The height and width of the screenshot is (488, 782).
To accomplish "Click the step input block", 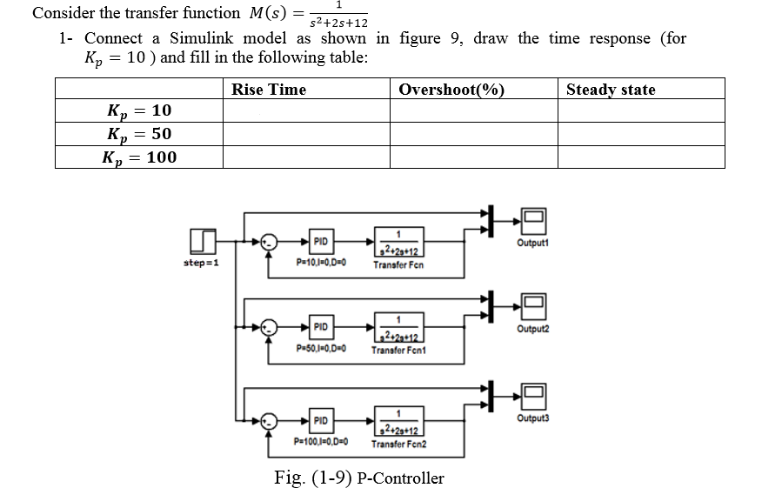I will tap(202, 240).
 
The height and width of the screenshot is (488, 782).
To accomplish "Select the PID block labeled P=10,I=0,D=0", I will tap(321, 241).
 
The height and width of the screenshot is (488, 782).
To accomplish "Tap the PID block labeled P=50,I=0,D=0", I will tap(321, 327).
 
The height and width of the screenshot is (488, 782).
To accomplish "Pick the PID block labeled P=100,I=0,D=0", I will tap(321, 421).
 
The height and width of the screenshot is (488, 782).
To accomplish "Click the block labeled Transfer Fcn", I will tap(398, 241).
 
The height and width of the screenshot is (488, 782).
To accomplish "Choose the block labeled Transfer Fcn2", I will tap(398, 421).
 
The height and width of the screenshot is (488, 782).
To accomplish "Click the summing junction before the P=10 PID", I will tap(270, 241).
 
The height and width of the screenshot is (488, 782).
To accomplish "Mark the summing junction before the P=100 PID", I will tap(270, 421).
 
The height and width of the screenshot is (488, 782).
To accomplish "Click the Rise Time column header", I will tap(269, 89).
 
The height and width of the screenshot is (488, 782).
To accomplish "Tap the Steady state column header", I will tap(611, 89).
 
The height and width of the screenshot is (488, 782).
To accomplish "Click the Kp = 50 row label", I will tap(139, 133).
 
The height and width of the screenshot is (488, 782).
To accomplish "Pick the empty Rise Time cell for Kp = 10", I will tap(305, 110).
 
